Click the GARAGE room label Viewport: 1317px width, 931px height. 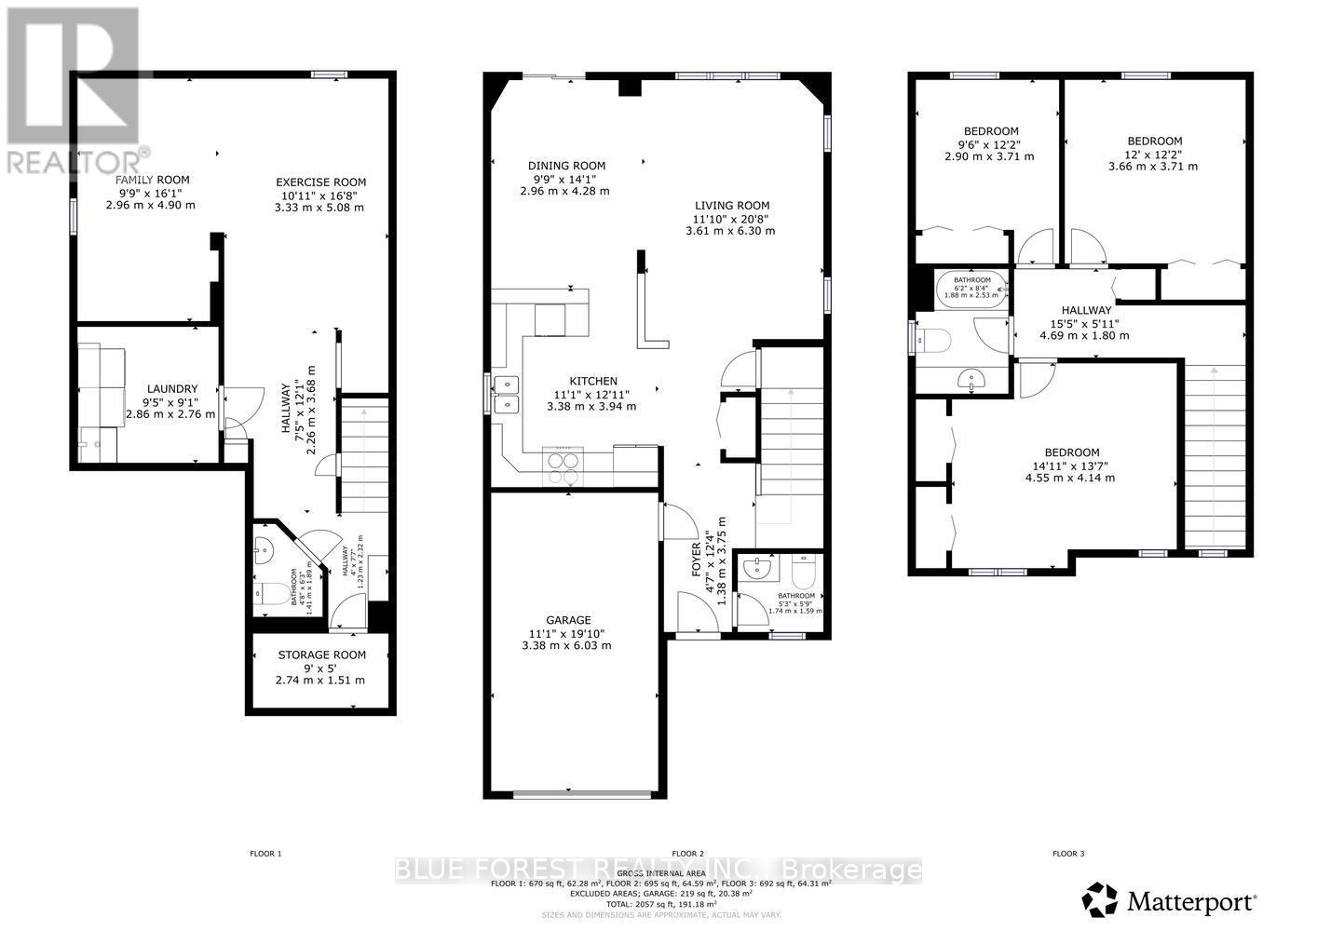pyautogui.click(x=568, y=620)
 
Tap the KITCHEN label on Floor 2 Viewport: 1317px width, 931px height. pyautogui.click(x=593, y=381)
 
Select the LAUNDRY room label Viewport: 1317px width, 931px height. pyautogui.click(x=172, y=389)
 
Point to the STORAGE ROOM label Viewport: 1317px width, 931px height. pyautogui.click(x=321, y=654)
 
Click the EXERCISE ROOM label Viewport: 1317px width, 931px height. pyautogui.click(x=320, y=182)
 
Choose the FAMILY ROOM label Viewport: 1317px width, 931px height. pyautogui.click(x=152, y=180)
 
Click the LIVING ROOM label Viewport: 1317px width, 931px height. pyautogui.click(x=731, y=206)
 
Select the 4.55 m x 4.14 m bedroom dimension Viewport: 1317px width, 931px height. pyautogui.click(x=1070, y=478)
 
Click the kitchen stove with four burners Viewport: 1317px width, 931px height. pyautogui.click(x=563, y=466)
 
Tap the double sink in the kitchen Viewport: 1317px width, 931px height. pyautogui.click(x=507, y=394)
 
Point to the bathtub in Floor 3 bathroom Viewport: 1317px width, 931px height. pyautogui.click(x=971, y=290)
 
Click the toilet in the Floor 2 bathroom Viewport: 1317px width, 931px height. pyautogui.click(x=802, y=569)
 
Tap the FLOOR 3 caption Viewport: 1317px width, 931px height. pyautogui.click(x=1067, y=853)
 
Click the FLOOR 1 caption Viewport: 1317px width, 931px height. pyautogui.click(x=265, y=853)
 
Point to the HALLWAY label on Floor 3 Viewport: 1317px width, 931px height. pyautogui.click(x=1086, y=310)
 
